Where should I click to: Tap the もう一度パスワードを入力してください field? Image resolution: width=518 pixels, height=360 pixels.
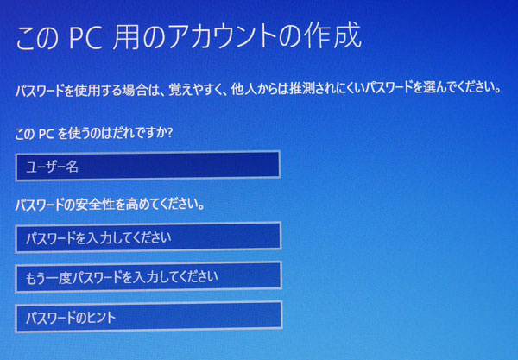click(x=148, y=276)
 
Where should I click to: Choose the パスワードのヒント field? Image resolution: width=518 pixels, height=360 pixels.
click(x=148, y=317)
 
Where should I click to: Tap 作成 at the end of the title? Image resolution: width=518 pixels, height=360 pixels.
click(x=333, y=39)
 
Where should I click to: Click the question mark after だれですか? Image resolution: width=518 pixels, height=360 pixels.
click(x=172, y=135)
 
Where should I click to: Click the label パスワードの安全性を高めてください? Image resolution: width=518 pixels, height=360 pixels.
click(x=110, y=206)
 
